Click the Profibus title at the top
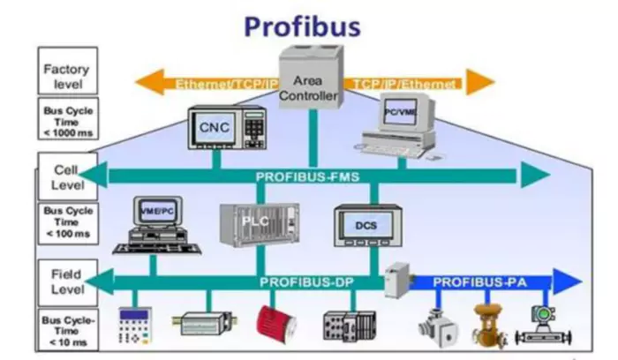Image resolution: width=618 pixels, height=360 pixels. [x=302, y=24]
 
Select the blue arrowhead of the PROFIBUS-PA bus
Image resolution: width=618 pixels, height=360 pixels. [x=569, y=281]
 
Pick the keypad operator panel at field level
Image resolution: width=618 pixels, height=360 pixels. [x=133, y=326]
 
